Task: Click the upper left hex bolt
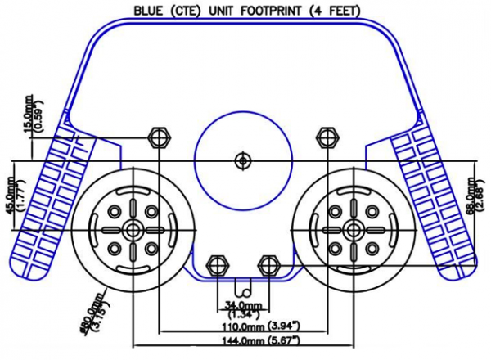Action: [157, 135]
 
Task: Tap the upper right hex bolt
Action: [327, 135]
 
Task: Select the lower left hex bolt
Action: [217, 265]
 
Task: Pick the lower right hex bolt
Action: [267, 265]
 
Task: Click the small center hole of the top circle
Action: [241, 160]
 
